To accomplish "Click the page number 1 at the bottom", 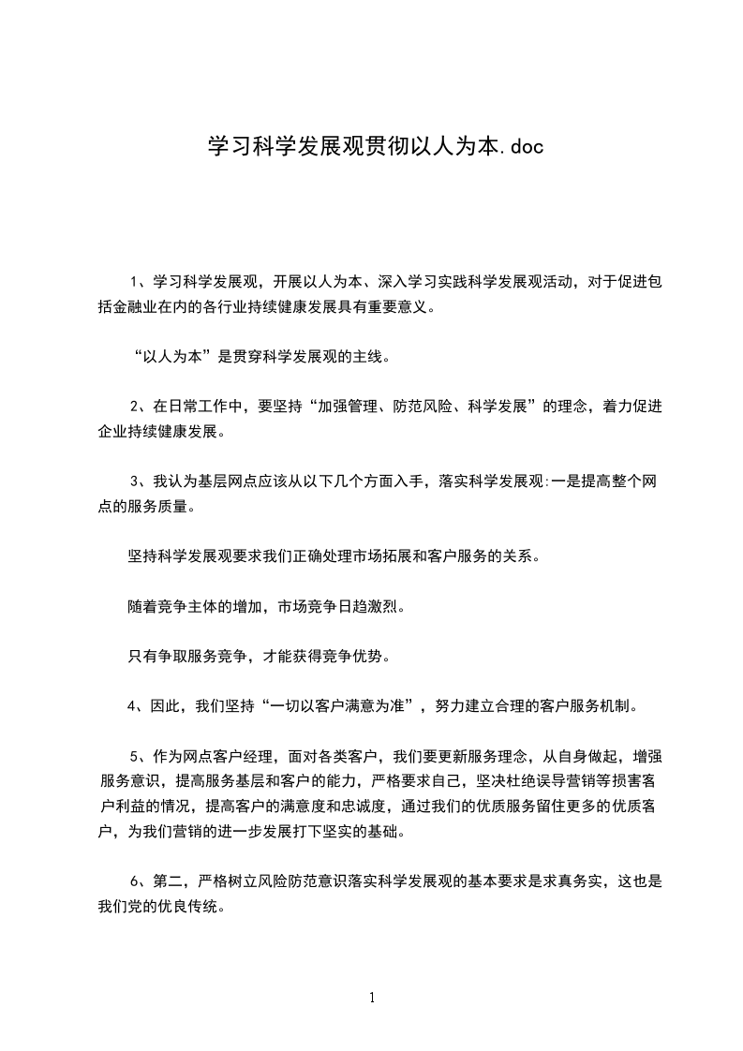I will (372, 997).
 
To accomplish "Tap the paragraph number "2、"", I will (137, 407).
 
